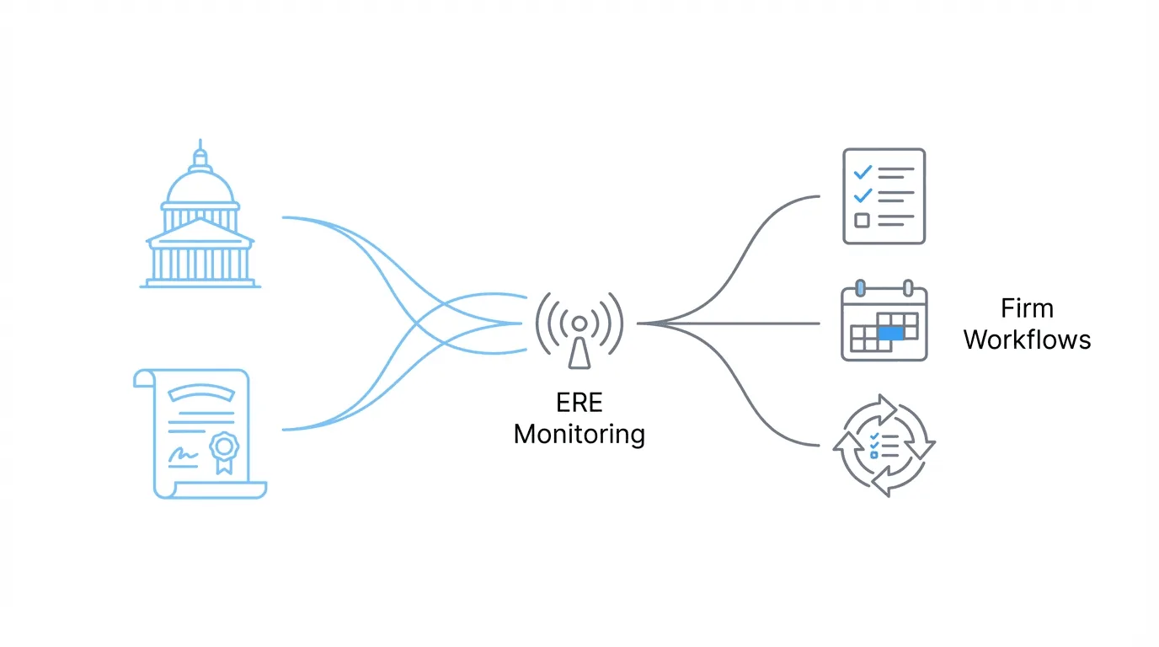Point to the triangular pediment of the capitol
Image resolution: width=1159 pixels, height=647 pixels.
click(x=200, y=232)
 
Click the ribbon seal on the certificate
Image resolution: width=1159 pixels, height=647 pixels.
click(x=223, y=447)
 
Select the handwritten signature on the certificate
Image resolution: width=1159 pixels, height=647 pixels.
click(x=183, y=456)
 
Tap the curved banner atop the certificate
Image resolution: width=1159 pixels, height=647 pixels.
click(x=200, y=391)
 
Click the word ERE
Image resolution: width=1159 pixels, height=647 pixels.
click(x=579, y=403)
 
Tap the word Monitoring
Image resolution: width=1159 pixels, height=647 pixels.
click(x=579, y=435)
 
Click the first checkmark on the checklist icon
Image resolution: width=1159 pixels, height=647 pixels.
click(x=863, y=172)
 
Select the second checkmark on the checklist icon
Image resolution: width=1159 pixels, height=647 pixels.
click(x=863, y=196)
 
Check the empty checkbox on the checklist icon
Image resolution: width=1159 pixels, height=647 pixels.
click(x=862, y=221)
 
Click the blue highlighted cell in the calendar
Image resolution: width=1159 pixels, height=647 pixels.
click(x=890, y=334)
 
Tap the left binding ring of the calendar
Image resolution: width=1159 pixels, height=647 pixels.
click(x=860, y=288)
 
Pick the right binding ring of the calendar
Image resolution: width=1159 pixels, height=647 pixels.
click(x=908, y=288)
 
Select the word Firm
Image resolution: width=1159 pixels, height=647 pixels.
click(x=1027, y=307)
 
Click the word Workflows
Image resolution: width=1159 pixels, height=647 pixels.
click(x=1027, y=340)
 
